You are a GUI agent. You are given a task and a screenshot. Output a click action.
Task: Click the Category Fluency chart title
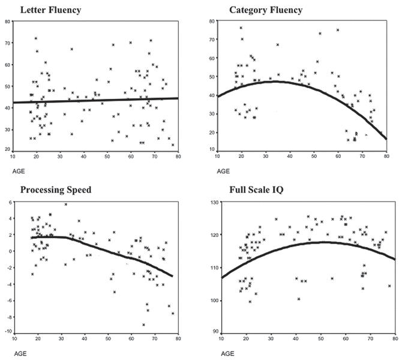click(265, 10)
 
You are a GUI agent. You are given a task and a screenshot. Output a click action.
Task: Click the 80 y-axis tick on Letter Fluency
click(7, 22)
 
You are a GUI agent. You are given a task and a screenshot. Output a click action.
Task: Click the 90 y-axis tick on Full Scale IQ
click(211, 331)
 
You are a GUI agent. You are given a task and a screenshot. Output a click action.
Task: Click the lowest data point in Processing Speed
click(143, 325)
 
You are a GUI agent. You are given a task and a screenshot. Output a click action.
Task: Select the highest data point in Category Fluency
click(241, 28)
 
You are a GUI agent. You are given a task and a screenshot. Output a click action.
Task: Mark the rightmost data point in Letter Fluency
click(173, 145)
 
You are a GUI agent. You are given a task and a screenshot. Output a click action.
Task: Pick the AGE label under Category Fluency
click(223, 171)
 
